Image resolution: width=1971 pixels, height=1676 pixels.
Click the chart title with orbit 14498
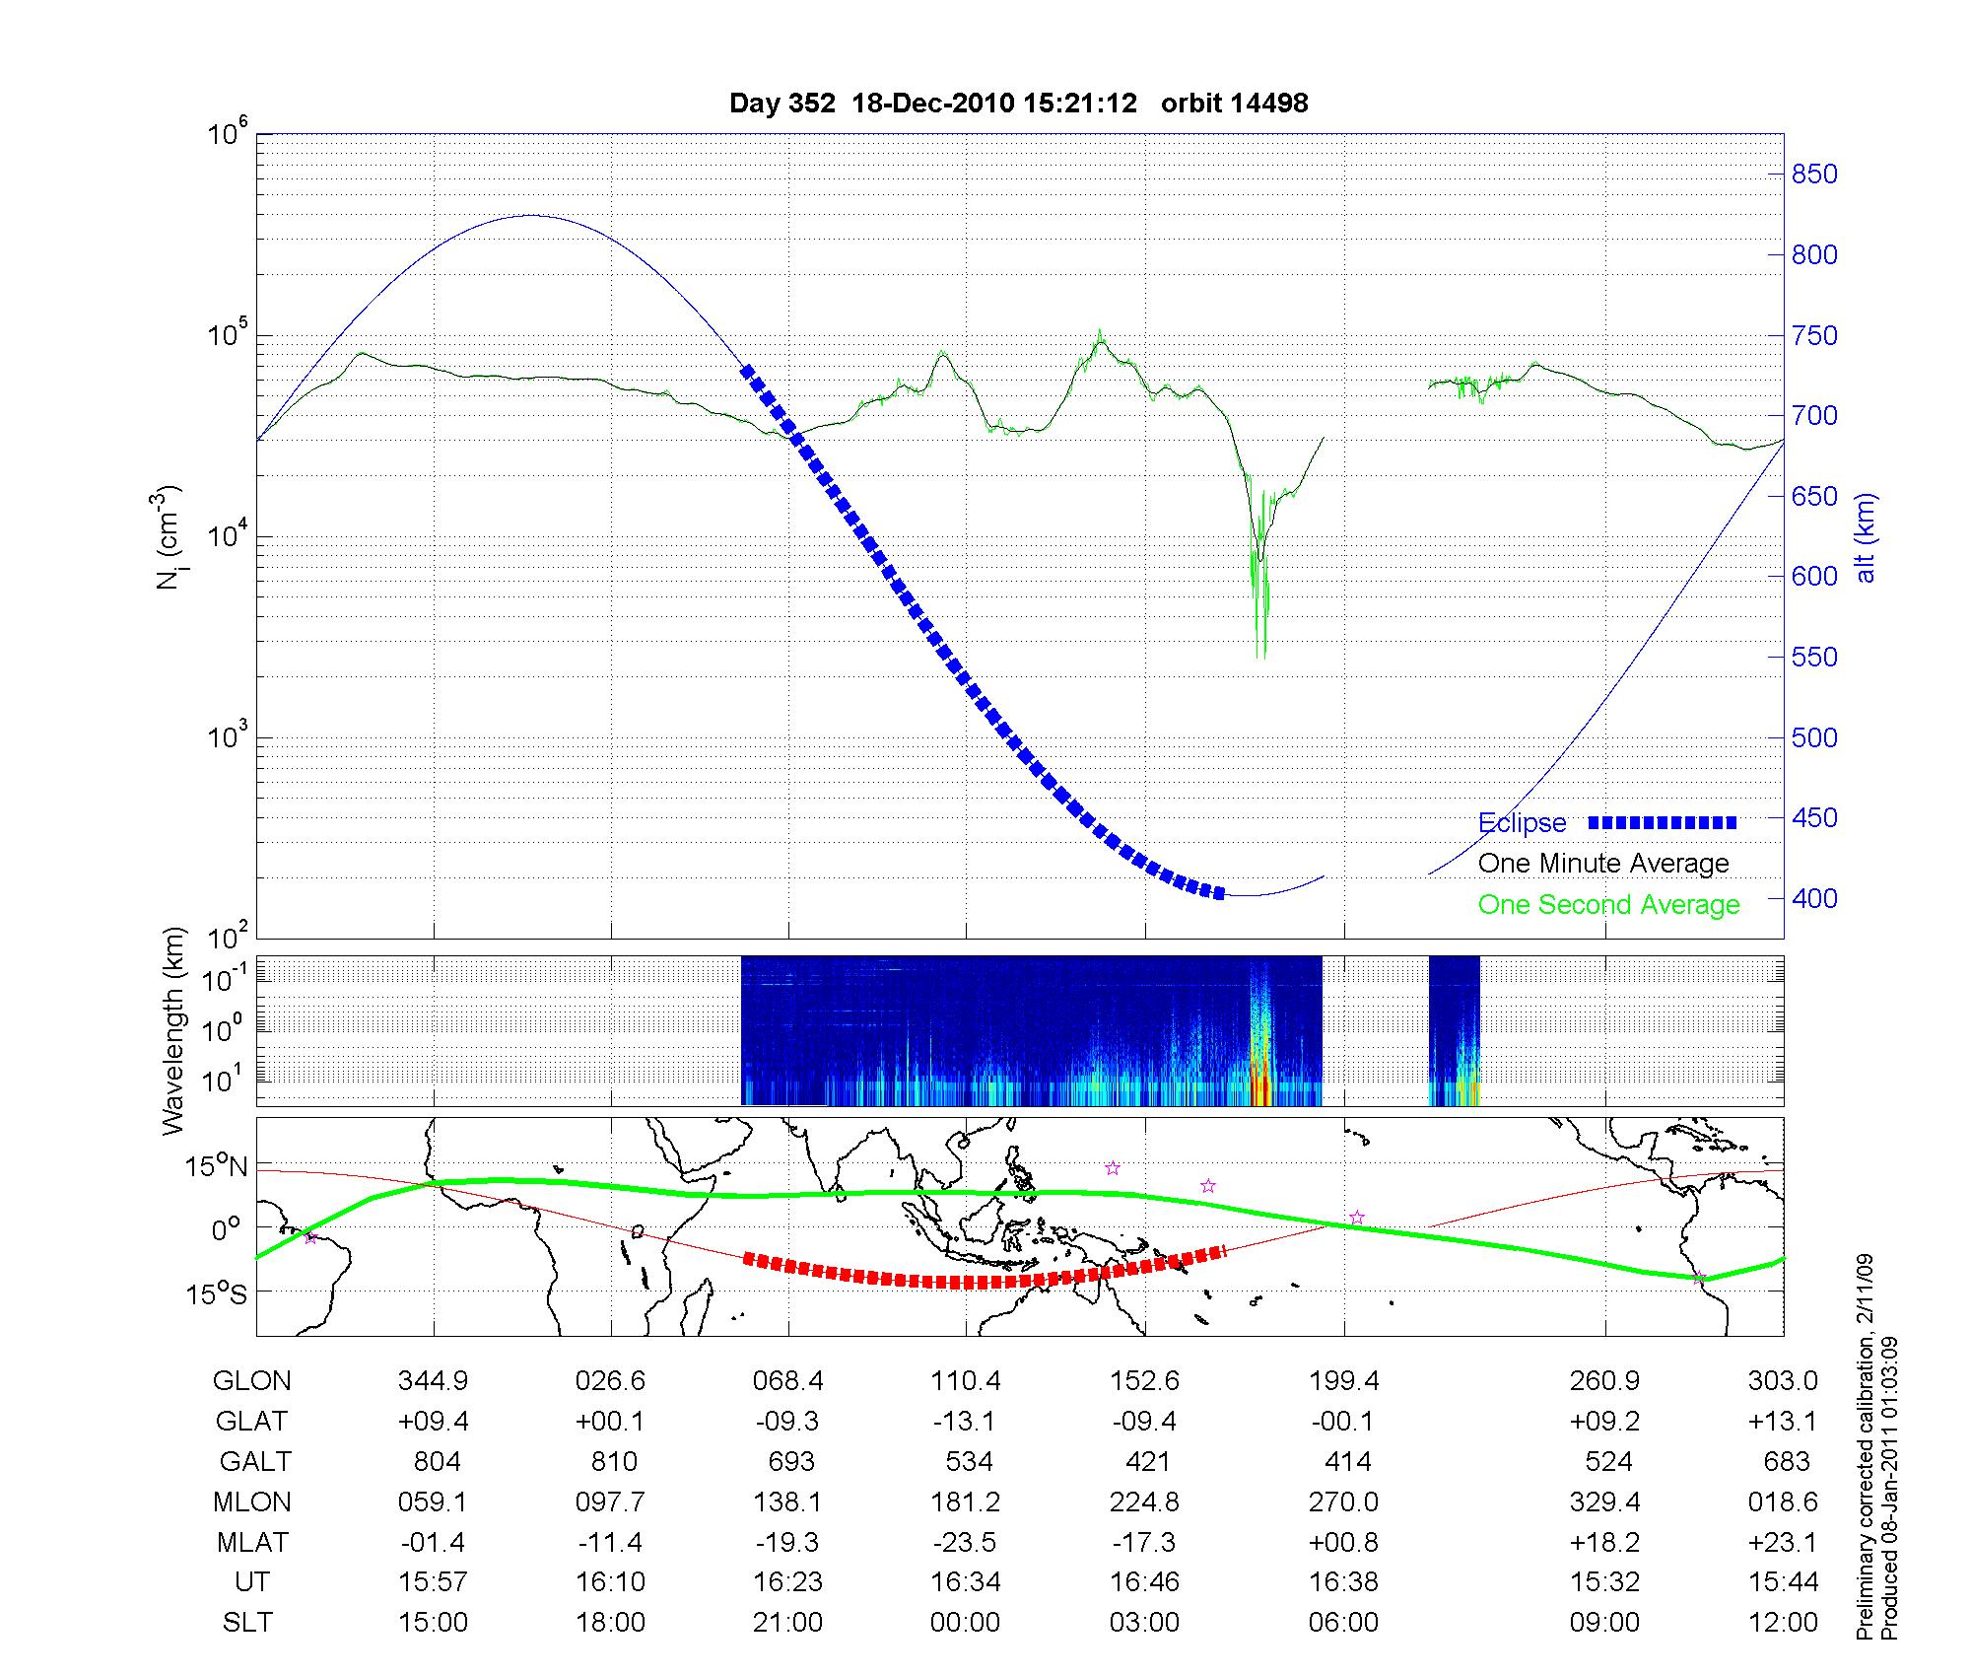tap(1018, 104)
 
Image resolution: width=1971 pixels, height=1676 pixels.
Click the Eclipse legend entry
tap(1522, 823)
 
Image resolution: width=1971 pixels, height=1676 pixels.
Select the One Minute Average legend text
tap(1603, 864)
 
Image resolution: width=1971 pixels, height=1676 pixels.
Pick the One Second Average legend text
tap(1608, 905)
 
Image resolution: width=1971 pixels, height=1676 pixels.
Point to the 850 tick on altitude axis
tap(1814, 175)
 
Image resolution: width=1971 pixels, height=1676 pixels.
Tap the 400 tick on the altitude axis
tap(1814, 898)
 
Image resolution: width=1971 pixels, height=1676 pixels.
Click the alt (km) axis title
tap(1866, 537)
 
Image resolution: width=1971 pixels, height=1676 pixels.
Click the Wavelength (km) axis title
tap(174, 1031)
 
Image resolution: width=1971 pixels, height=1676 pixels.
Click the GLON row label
tap(251, 1381)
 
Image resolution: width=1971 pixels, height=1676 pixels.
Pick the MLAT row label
tap(251, 1542)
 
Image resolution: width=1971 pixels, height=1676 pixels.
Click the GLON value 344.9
tap(433, 1381)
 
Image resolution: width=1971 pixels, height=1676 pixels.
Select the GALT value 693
tap(790, 1461)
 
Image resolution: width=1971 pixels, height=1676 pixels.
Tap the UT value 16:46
tap(1144, 1582)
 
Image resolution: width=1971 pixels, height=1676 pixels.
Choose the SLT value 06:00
tap(1343, 1623)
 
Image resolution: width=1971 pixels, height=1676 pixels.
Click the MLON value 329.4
tap(1604, 1502)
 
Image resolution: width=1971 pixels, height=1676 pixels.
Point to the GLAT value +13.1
tap(1782, 1422)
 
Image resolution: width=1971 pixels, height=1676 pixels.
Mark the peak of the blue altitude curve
tap(532, 215)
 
